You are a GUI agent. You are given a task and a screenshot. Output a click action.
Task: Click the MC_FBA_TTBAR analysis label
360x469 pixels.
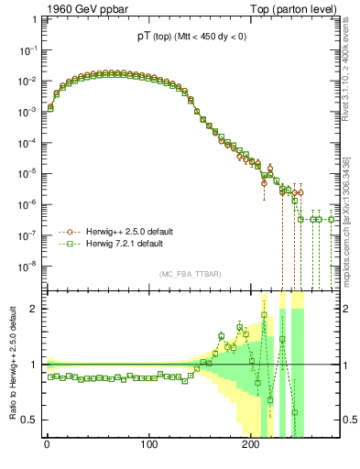coord(191,275)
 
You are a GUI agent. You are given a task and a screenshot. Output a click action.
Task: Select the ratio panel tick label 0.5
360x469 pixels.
coord(27,420)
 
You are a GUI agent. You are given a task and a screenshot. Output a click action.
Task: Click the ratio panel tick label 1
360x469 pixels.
coord(30,365)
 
